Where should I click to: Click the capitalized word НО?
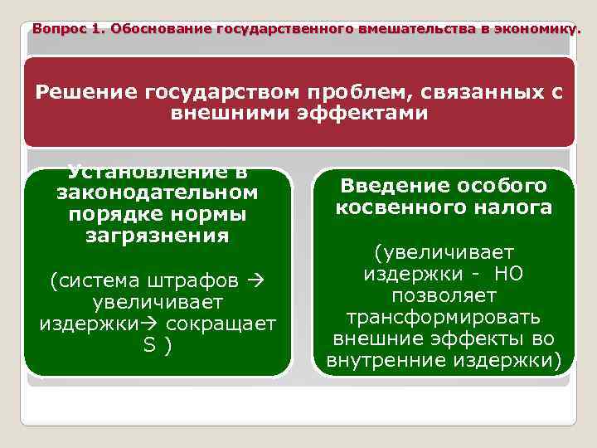(x=507, y=274)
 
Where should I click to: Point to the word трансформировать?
(x=443, y=317)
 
